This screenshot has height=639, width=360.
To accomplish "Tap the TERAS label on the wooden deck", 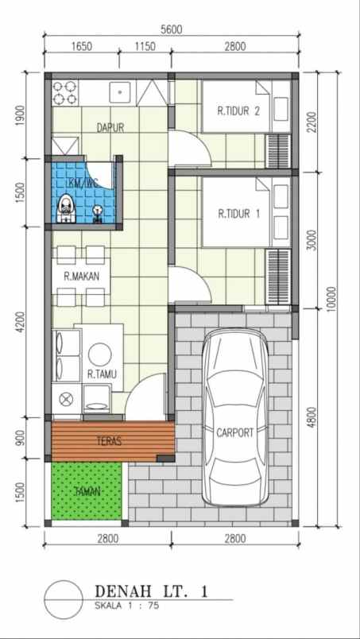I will click(109, 441).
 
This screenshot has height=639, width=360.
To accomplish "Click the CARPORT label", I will click(234, 433).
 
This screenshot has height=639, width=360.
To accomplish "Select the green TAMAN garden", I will click(87, 492).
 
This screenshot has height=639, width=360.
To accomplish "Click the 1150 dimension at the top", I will click(144, 47).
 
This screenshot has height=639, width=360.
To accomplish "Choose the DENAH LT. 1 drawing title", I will click(151, 591).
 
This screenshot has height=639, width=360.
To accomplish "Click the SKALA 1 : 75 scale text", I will click(126, 606).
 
